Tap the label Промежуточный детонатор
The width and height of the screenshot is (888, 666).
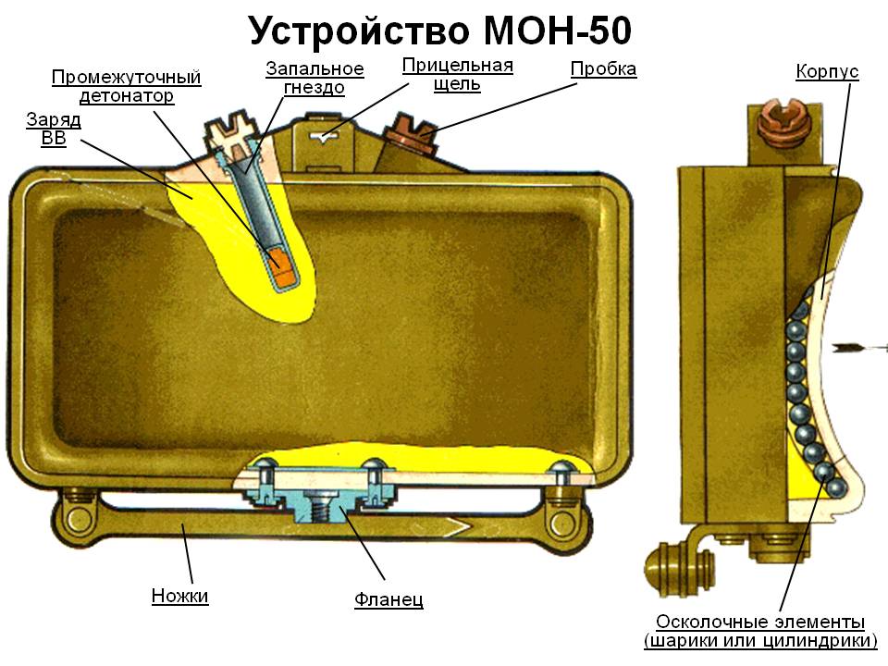pos(126,86)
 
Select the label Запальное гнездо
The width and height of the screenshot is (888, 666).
pos(314,79)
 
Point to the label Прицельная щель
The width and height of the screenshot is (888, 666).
pos(457,75)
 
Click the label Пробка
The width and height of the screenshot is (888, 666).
pos(603,69)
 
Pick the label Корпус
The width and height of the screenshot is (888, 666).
pos(827,71)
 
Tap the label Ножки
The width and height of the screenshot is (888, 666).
pos(180,596)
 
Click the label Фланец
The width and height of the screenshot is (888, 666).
pos(388,599)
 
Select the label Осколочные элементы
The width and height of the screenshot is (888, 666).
pos(759,621)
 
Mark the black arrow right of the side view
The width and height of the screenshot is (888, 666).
pos(859,348)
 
